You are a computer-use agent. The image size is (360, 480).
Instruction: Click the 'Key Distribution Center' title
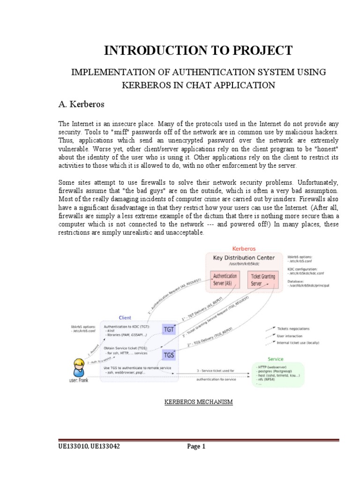(244, 258)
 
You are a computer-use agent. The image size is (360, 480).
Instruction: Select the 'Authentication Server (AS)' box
(225, 279)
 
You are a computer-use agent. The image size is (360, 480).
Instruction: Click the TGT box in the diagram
(168, 329)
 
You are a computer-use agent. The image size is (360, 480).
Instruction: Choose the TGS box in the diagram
(168, 354)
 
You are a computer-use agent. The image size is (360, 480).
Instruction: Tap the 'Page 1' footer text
(196, 447)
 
